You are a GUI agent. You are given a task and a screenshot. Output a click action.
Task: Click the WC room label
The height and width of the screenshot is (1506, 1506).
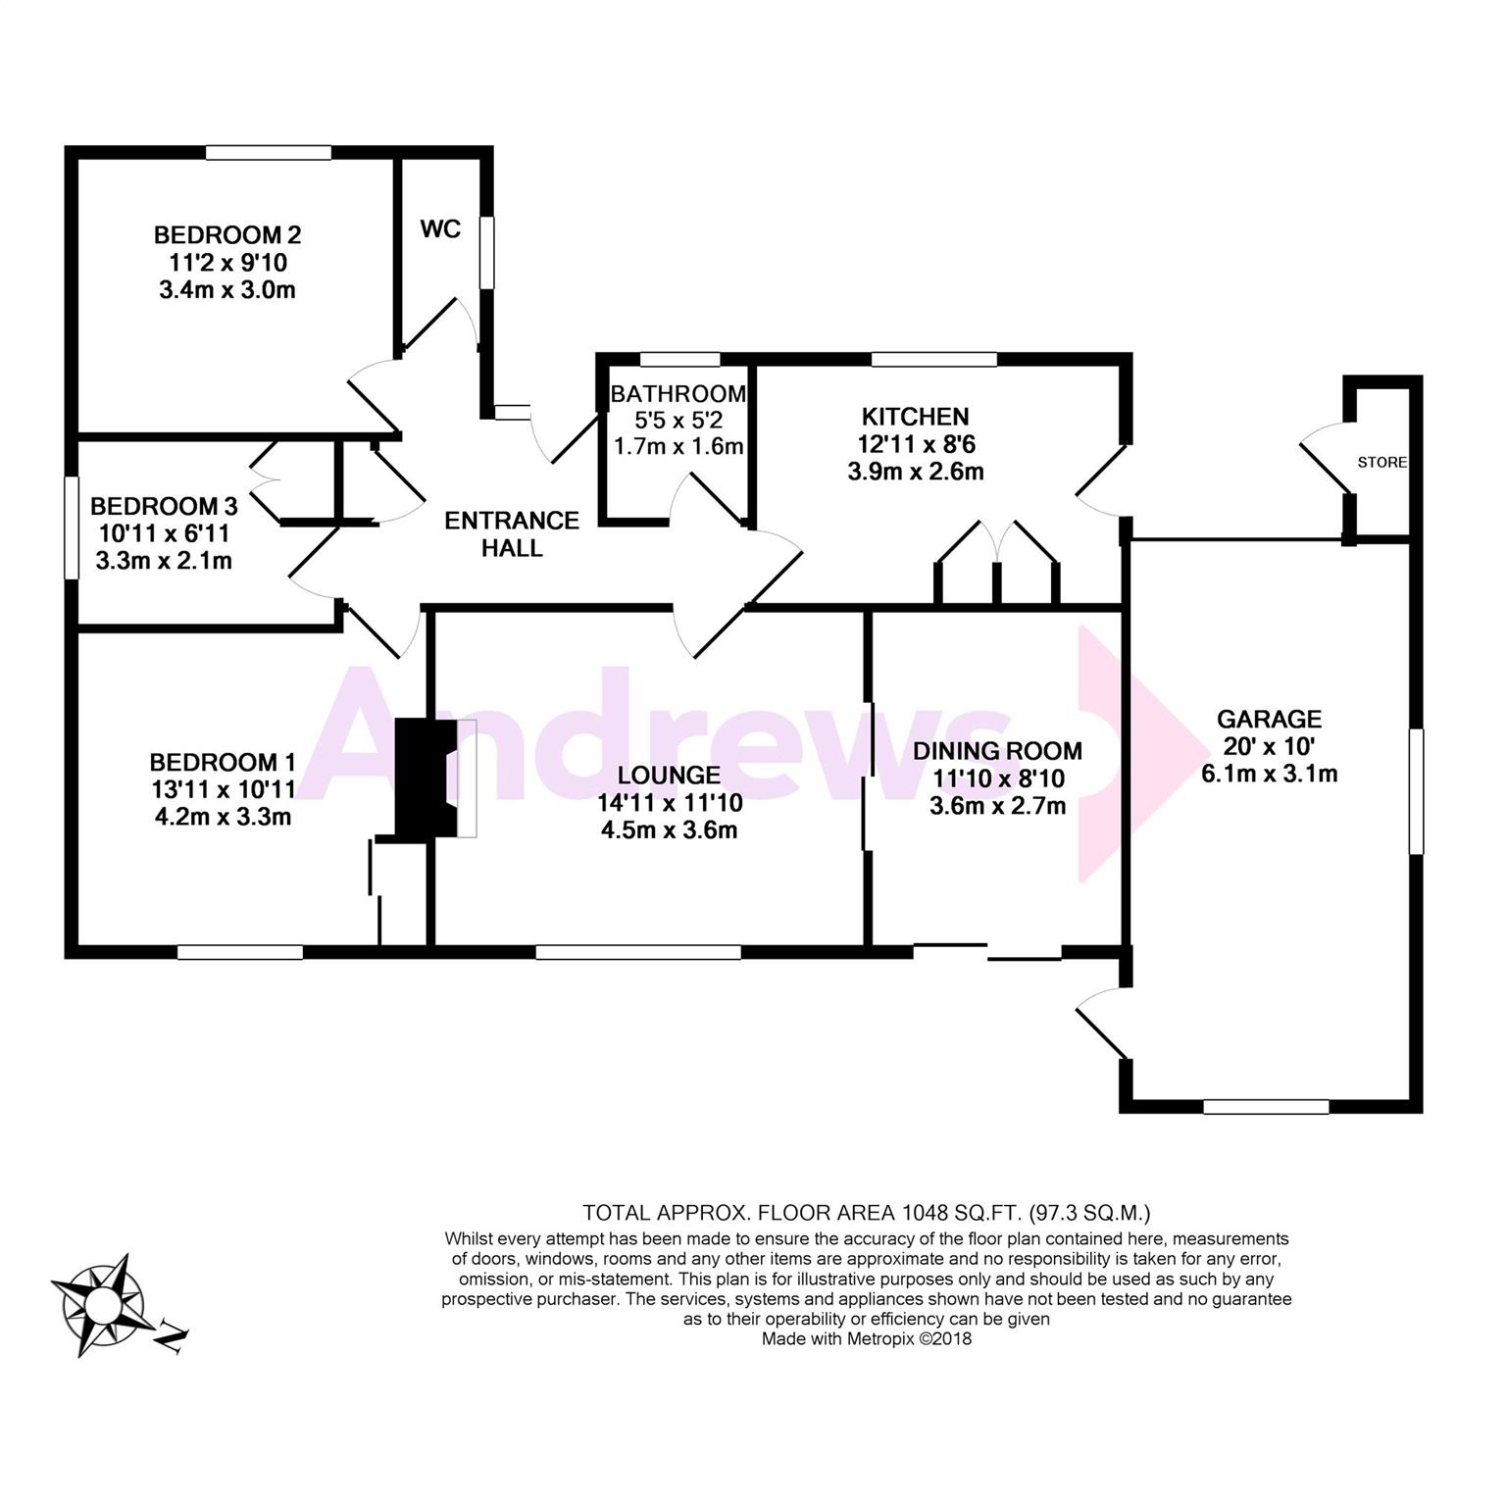(x=440, y=229)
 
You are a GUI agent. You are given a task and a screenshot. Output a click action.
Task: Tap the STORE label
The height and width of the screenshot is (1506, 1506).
(x=1382, y=462)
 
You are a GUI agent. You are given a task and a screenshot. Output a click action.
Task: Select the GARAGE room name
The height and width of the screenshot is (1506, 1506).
(x=1269, y=719)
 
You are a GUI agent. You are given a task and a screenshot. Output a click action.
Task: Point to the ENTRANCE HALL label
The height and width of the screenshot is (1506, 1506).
(x=512, y=534)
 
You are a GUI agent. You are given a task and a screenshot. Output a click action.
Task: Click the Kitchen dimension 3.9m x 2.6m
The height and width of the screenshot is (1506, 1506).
(x=916, y=472)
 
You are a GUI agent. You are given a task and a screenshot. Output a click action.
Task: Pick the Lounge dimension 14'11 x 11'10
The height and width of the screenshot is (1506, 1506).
(x=670, y=803)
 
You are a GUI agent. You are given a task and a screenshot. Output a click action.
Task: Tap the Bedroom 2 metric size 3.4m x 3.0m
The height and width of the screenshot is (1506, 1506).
(x=227, y=290)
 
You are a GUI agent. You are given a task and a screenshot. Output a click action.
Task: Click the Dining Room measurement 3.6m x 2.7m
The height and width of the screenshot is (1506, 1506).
(x=998, y=806)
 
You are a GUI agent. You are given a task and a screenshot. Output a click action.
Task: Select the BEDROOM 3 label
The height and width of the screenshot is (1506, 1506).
(x=164, y=507)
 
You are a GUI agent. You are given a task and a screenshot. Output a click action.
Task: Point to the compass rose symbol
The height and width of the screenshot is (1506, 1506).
(x=99, y=1305)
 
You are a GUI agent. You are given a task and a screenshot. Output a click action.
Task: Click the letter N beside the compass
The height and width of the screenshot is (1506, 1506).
(x=172, y=1335)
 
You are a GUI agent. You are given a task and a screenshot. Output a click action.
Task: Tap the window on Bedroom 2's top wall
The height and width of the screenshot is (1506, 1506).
(x=269, y=153)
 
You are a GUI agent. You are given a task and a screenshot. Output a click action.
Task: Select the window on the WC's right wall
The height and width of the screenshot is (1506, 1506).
(x=486, y=253)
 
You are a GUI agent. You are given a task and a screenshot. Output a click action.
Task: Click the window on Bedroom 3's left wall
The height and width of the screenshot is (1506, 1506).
(x=72, y=527)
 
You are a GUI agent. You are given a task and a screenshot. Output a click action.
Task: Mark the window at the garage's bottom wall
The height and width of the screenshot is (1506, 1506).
(x=1266, y=1107)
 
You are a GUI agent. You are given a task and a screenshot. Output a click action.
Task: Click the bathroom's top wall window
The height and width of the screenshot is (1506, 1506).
(x=679, y=360)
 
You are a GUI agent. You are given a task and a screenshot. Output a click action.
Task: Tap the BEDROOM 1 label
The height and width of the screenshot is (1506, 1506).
(x=223, y=762)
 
